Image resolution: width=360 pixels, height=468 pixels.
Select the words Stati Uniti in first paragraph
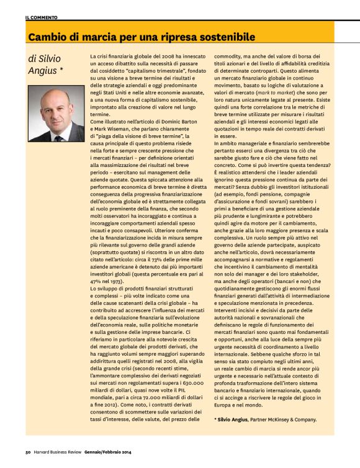[x=115, y=90]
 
